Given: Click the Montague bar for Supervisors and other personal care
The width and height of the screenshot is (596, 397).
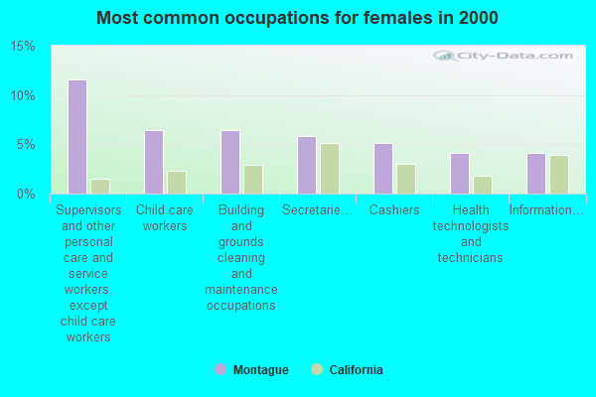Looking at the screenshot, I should (x=77, y=137).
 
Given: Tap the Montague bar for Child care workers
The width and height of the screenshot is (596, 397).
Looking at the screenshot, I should (x=154, y=162).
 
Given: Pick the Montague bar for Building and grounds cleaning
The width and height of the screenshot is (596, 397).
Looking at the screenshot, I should (x=230, y=162).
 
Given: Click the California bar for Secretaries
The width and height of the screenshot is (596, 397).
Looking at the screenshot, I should (x=329, y=169).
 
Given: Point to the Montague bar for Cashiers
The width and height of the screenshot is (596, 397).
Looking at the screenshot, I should (x=383, y=169).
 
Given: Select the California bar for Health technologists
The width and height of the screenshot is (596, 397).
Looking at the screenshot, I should (x=482, y=185).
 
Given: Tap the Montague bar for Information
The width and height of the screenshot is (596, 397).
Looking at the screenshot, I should (x=536, y=174).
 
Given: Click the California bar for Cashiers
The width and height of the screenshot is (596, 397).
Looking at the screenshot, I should (x=405, y=179).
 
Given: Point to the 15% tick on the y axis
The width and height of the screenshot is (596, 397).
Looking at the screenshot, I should (x=23, y=47).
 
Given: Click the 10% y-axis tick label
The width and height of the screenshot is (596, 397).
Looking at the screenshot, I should (x=23, y=95).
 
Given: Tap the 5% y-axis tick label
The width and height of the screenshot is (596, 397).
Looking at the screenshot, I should (x=26, y=145).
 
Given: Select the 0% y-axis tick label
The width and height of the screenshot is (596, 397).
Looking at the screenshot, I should (x=26, y=194).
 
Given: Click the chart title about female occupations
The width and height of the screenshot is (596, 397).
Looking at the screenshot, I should (x=298, y=18).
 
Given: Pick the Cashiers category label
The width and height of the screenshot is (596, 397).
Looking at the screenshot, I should (x=394, y=210).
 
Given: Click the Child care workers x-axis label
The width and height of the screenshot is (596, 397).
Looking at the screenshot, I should (x=165, y=218).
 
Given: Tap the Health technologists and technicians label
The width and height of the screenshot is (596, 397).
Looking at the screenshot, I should (x=471, y=234).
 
